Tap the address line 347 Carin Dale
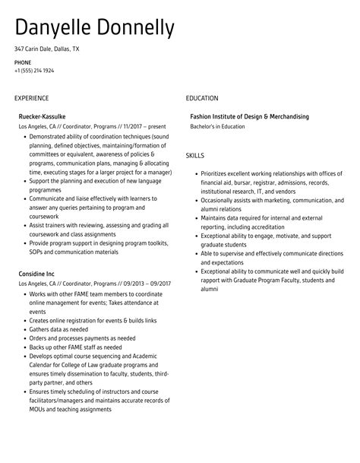click(46, 49)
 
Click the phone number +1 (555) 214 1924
click(34, 70)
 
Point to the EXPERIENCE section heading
click(31, 98)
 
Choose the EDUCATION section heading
click(202, 98)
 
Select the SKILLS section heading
click(195, 155)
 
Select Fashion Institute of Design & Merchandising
click(250, 116)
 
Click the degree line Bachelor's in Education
click(218, 126)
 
